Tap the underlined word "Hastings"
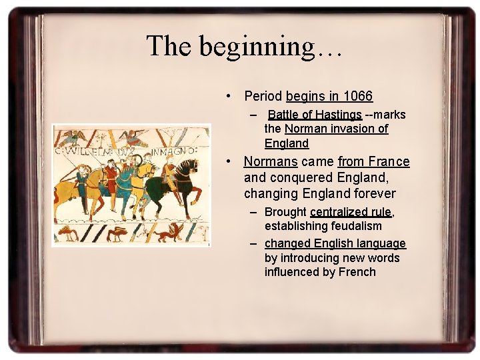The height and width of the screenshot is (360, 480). point(338,115)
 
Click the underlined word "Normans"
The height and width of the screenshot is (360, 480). point(271,161)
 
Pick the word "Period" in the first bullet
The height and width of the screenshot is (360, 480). point(263,97)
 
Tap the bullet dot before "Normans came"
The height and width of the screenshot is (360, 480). point(229,162)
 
